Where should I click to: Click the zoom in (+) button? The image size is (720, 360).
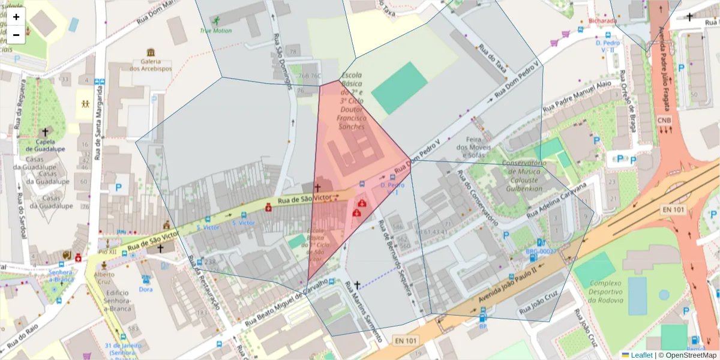click(x=16, y=17)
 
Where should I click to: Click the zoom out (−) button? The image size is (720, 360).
click(x=16, y=34)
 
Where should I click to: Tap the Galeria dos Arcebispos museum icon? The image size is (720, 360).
click(x=151, y=52)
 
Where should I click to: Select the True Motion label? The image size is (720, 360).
click(x=215, y=31)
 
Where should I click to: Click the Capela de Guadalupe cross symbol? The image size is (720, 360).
click(x=44, y=131)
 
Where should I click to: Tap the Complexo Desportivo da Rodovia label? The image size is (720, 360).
click(x=606, y=292)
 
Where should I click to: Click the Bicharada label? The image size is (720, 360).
click(x=602, y=21)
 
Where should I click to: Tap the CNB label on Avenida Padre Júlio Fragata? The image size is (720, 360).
click(x=664, y=120)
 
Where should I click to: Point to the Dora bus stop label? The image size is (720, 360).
click(x=146, y=289)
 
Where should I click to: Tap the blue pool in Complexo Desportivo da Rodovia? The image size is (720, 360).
click(x=637, y=296)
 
